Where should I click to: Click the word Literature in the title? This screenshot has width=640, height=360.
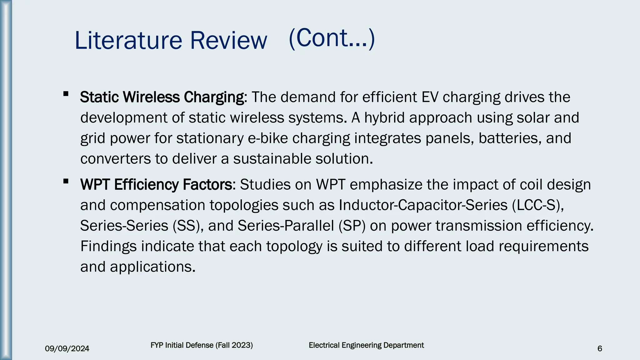tap(128, 41)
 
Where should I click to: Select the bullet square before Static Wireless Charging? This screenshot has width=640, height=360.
tap(66, 94)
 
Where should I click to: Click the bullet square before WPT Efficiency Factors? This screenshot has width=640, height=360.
tap(66, 181)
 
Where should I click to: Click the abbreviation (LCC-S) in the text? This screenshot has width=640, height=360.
tap(538, 205)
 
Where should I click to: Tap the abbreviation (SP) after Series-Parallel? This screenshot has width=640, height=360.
tap(352, 226)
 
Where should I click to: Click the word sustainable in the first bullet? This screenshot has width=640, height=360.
tap(272, 159)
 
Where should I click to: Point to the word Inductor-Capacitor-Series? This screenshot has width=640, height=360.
tap(423, 205)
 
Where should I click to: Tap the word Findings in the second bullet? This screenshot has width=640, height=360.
tap(108, 247)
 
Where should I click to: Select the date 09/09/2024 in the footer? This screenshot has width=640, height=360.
tap(67, 349)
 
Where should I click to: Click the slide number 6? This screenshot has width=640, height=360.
tap(599, 349)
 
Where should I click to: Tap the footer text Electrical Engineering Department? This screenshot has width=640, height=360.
tap(366, 345)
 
